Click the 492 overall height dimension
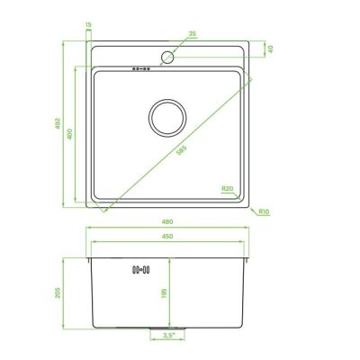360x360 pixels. (x=58, y=123)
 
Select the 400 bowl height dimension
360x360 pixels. (x=69, y=134)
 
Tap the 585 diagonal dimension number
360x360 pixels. (x=182, y=150)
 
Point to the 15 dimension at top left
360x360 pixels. (x=88, y=25)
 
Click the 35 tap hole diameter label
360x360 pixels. (x=193, y=33)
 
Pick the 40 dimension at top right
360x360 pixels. (x=270, y=49)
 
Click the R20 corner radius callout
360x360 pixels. (x=228, y=189)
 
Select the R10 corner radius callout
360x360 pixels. (x=264, y=211)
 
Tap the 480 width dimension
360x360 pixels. (x=167, y=222)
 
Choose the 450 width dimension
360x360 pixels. (x=167, y=237)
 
